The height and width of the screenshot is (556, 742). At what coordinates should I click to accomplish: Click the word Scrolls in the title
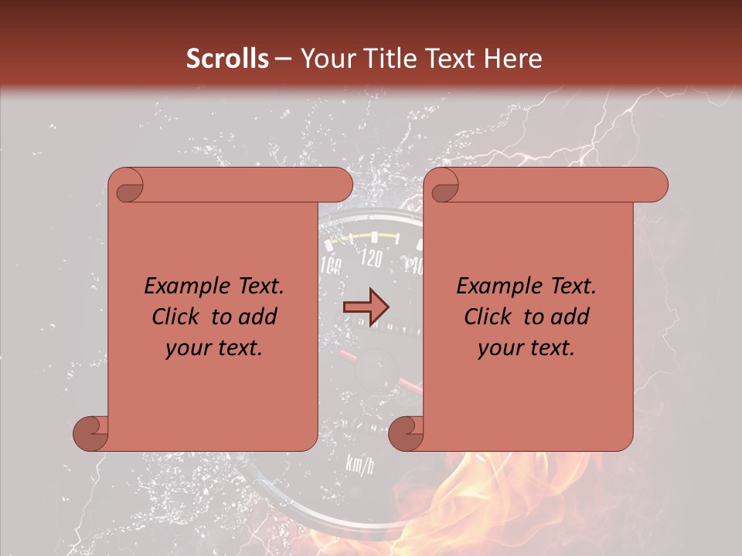[x=228, y=59]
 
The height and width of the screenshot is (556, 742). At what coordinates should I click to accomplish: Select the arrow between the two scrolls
[x=365, y=307]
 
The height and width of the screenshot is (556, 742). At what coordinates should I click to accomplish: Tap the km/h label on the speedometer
[x=359, y=464]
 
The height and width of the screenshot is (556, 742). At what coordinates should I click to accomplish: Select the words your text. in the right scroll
[x=526, y=347]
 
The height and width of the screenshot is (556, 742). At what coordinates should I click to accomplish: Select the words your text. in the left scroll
[x=213, y=347]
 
